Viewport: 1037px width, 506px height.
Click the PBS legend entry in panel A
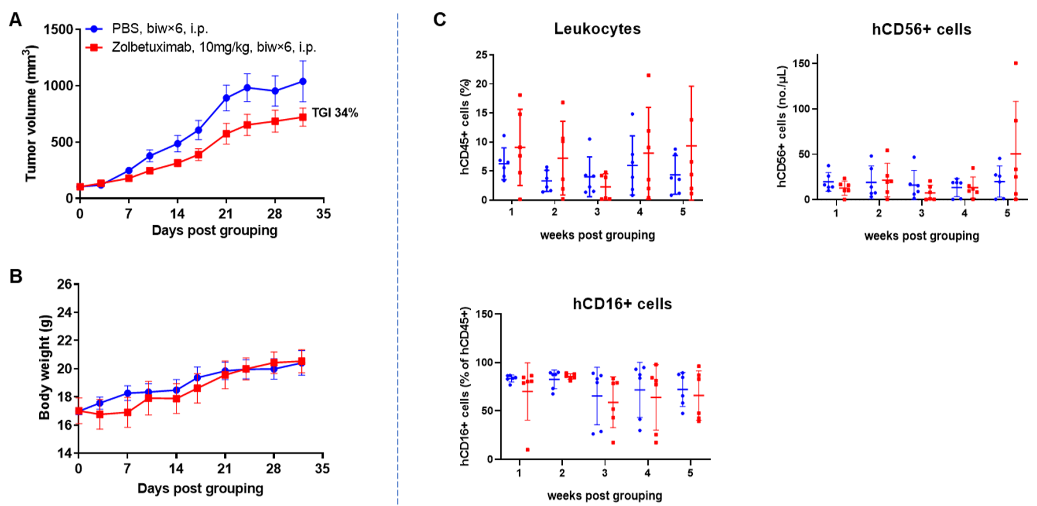159,29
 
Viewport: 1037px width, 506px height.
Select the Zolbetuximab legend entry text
214,47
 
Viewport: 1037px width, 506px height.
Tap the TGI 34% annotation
335,113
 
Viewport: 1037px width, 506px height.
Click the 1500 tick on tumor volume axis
58,29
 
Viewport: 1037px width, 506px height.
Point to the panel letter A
15,20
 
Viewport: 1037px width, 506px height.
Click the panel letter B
16,276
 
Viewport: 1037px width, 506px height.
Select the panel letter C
439,20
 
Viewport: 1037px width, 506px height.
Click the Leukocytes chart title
597,29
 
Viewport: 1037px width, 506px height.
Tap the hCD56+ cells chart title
921,29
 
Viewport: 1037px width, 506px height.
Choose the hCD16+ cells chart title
622,304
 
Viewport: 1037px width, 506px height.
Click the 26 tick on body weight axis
64,284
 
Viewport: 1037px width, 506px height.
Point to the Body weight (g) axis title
44,367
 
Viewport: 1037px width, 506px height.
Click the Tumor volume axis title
31,114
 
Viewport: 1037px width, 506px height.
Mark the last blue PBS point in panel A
303,82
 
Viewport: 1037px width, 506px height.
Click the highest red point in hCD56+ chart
1015,63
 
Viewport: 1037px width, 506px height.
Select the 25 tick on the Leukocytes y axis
481,55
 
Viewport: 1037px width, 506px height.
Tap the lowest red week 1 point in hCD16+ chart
527,450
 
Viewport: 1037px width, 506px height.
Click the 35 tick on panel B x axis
322,468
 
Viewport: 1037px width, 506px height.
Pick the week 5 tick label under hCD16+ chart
690,473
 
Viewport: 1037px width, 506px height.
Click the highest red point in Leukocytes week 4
648,75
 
